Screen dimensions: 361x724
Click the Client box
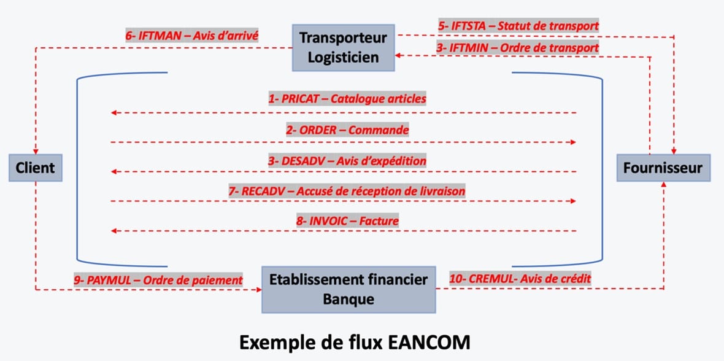click(x=35, y=167)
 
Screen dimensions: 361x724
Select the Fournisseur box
click(x=663, y=167)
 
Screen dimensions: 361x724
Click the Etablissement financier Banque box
click(x=349, y=289)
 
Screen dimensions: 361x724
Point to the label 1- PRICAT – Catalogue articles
click(x=347, y=98)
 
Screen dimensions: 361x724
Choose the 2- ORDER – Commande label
click(x=347, y=130)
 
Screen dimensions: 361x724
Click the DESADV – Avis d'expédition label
click(x=347, y=160)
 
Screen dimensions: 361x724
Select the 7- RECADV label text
click(x=347, y=191)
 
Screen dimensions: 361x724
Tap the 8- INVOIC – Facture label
click(x=347, y=220)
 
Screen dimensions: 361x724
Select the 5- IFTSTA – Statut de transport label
click(x=518, y=26)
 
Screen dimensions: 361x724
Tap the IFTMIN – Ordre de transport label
click(x=518, y=47)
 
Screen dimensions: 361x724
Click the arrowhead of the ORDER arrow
click(x=572, y=142)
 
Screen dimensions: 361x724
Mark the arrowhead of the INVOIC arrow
click(x=114, y=231)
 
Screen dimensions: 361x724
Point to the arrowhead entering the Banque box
click(x=258, y=289)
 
